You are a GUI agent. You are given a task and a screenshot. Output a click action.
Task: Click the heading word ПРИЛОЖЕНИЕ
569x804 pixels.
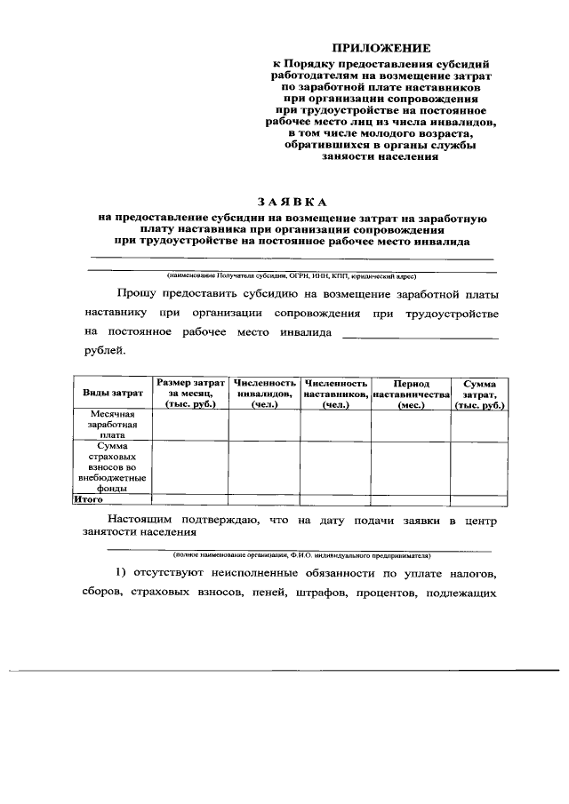380,47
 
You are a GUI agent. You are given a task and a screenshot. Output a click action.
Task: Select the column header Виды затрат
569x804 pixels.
113,393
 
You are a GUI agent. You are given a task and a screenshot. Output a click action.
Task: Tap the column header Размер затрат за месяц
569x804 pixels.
190,393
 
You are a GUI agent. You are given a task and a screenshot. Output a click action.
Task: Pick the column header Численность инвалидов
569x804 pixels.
264,393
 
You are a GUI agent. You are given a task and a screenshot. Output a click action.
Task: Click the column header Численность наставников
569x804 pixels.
335,393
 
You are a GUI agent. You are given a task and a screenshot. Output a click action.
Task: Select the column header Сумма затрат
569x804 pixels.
479,393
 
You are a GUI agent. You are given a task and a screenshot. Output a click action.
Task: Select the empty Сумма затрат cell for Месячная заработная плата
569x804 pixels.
479,426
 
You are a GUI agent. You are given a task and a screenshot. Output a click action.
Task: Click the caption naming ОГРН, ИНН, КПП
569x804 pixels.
291,275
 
